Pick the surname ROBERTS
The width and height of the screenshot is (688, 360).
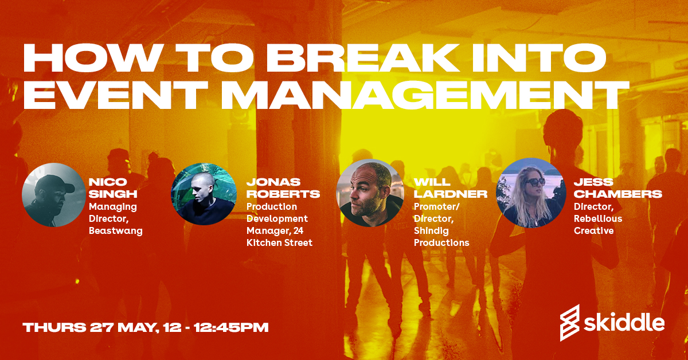pyautogui.click(x=283, y=193)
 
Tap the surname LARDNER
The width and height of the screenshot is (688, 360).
pyautogui.click(x=450, y=193)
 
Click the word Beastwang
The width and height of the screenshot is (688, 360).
pyautogui.click(x=115, y=230)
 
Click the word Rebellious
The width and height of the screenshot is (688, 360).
pyautogui.click(x=598, y=218)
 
